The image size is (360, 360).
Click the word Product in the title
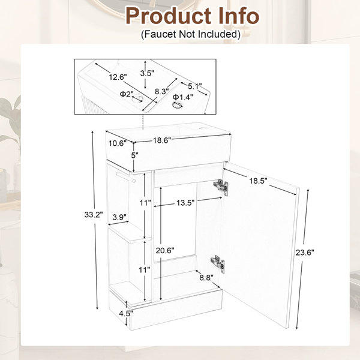[169, 16]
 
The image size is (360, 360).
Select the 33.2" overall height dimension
[94, 215]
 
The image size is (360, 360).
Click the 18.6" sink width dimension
[163, 140]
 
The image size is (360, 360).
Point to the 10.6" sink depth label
[118, 143]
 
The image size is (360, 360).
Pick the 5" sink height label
[134, 155]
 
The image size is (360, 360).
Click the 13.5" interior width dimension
[185, 203]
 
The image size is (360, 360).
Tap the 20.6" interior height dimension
[165, 250]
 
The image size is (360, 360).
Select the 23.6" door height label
[305, 253]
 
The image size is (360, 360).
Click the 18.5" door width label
[259, 181]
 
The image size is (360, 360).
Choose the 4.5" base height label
[126, 313]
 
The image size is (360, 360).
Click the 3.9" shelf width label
[119, 217]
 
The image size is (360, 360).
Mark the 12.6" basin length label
[118, 77]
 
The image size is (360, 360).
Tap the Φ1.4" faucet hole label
[183, 97]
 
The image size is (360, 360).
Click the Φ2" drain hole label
[127, 94]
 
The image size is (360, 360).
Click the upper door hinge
[221, 187]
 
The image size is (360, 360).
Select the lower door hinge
[217, 264]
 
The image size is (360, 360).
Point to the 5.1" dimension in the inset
[195, 86]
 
